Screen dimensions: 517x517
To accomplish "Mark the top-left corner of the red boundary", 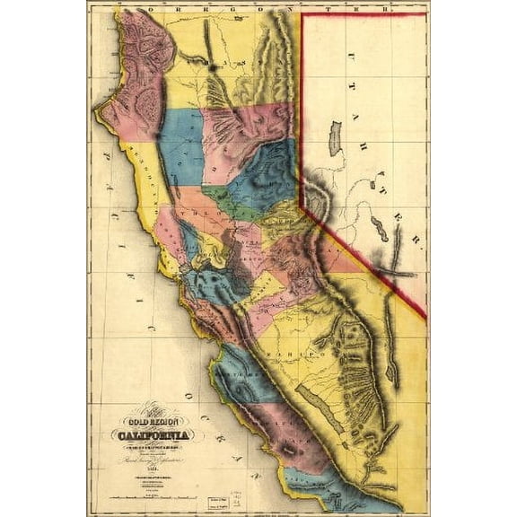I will click(301, 13).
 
